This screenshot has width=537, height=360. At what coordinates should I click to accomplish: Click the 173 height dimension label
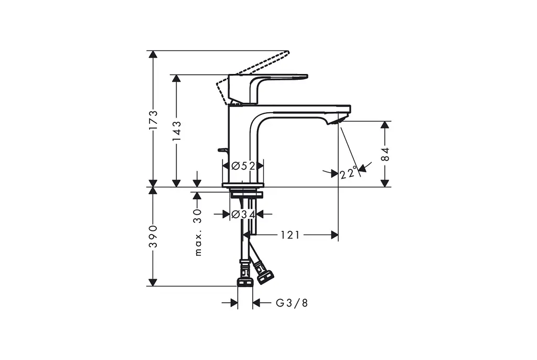pyautogui.click(x=153, y=120)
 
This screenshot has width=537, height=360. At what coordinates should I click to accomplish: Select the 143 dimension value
pyautogui.click(x=176, y=131)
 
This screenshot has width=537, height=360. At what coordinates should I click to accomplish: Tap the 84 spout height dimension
pyautogui.click(x=385, y=154)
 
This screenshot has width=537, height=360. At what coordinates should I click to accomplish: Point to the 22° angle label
pyautogui.click(x=349, y=173)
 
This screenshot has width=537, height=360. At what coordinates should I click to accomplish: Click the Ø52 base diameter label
pyautogui.click(x=243, y=166)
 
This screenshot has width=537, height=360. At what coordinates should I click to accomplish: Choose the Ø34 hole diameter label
pyautogui.click(x=243, y=214)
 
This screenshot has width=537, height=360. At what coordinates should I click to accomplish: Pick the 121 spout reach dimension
pyautogui.click(x=290, y=235)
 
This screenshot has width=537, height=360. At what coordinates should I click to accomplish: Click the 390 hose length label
pyautogui.click(x=153, y=236)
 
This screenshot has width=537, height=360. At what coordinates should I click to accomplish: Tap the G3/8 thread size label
pyautogui.click(x=292, y=303)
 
